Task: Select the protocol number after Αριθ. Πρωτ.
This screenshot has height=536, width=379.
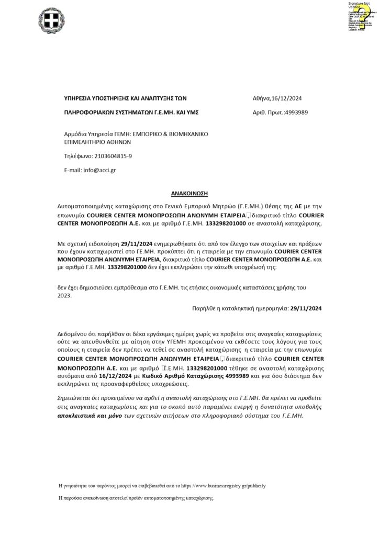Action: click(x=296, y=112)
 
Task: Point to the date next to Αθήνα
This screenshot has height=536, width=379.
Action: click(x=291, y=98)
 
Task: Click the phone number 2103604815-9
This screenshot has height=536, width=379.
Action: click(x=113, y=156)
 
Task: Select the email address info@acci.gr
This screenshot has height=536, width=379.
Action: click(x=100, y=171)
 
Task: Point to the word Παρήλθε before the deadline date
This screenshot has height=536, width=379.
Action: click(x=204, y=309)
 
